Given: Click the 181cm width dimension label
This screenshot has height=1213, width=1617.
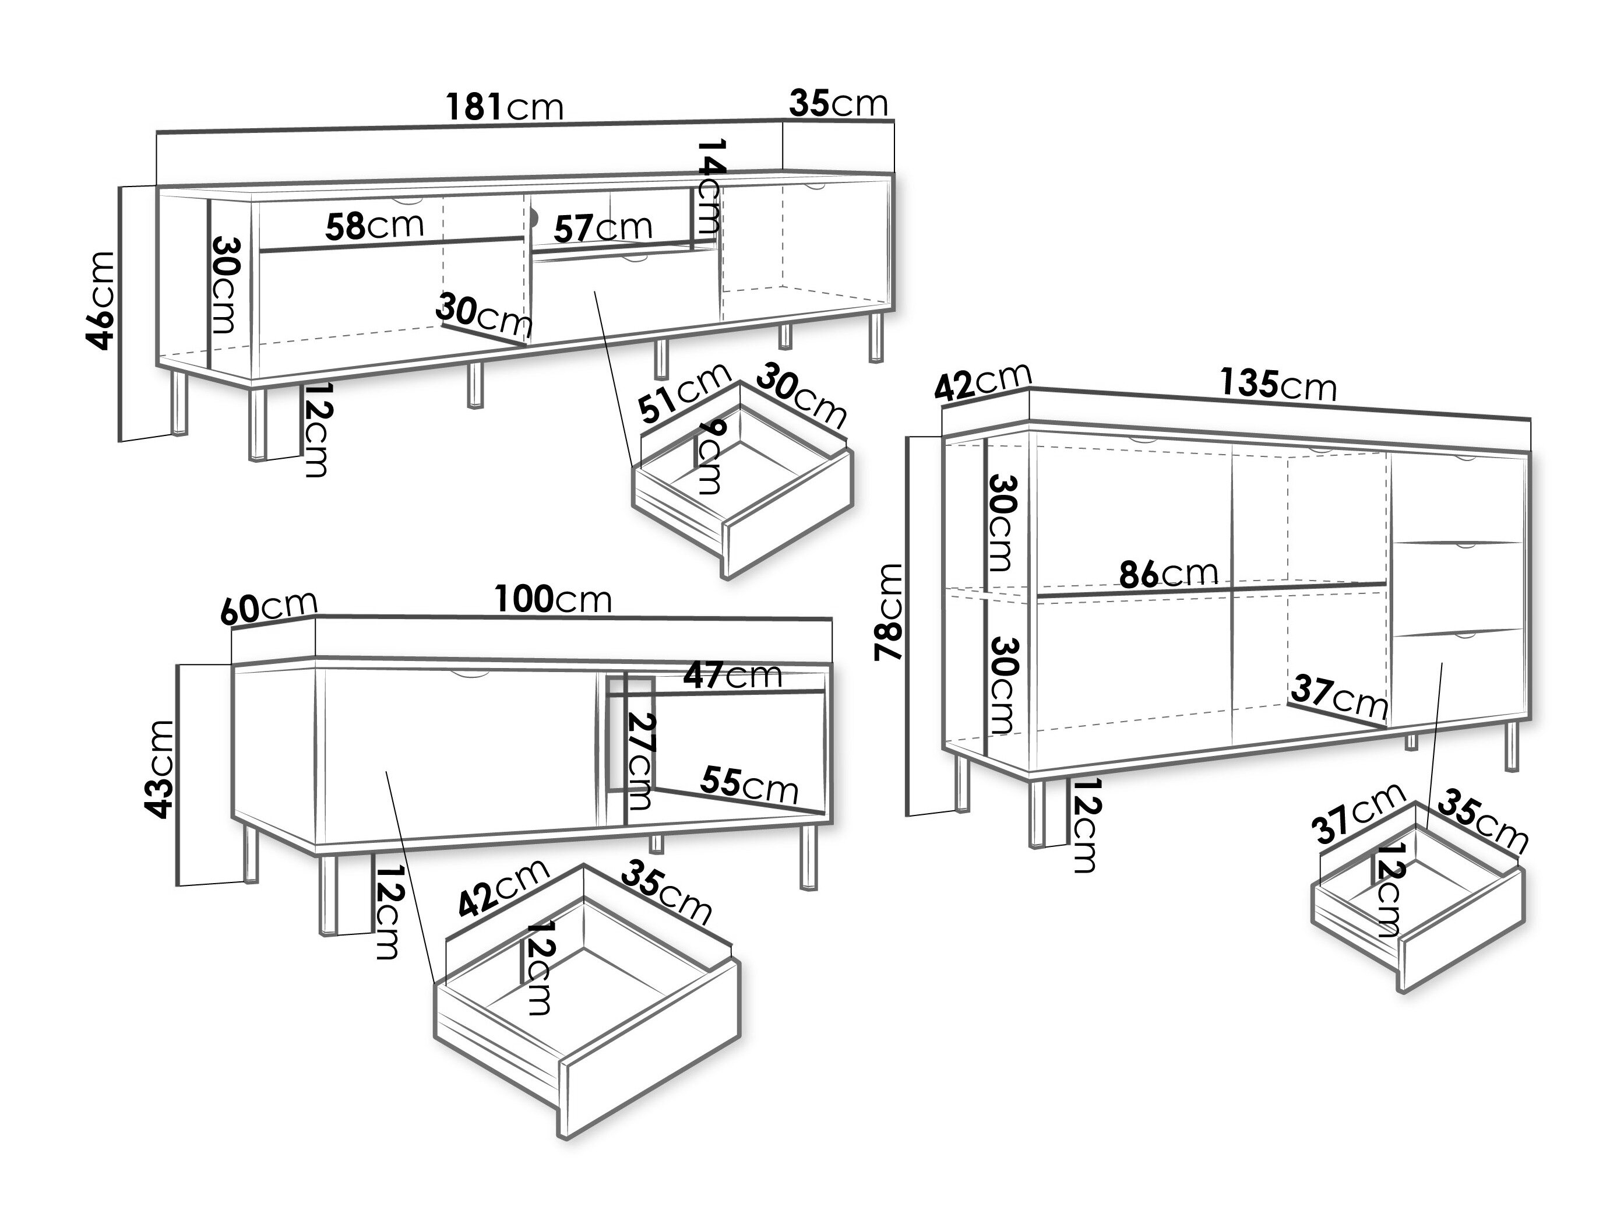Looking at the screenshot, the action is point(505,107).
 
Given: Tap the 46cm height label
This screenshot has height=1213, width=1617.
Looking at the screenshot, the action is point(100,301).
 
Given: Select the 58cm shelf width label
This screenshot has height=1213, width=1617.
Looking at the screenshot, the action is point(374,226).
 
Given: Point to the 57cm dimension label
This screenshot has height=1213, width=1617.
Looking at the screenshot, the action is point(603,227).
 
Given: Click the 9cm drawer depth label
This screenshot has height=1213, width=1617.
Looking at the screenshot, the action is point(707,457).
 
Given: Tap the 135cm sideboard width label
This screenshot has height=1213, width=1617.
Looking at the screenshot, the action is point(1278,385).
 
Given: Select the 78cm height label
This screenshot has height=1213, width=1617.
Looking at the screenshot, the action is point(890,612).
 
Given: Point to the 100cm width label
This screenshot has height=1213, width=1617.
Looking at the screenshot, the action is point(554,600).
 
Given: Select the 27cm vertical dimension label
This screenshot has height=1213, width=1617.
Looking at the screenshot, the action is point(640,761).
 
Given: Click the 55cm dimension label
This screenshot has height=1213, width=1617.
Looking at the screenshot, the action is point(749,785).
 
